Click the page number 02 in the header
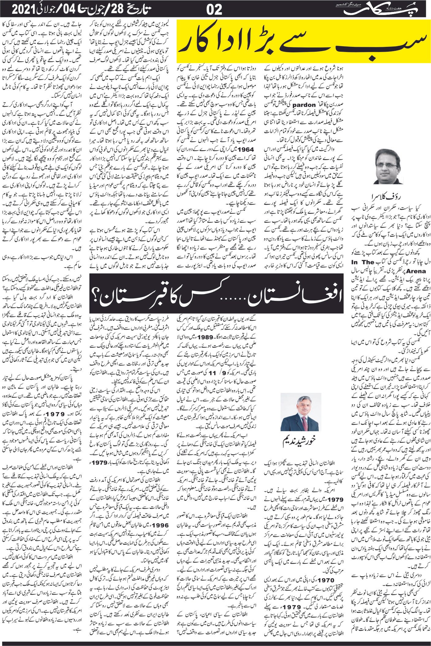(214, 10)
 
